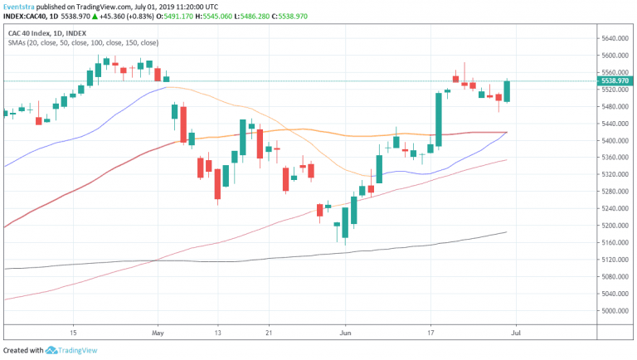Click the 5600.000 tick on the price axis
pos(616,55)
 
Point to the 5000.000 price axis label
pos(616,310)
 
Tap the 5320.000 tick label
pos(616,174)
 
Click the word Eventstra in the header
pos(26,6)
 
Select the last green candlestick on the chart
pos(506,91)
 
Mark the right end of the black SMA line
pos(507,232)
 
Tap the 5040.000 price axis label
pos(616,294)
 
